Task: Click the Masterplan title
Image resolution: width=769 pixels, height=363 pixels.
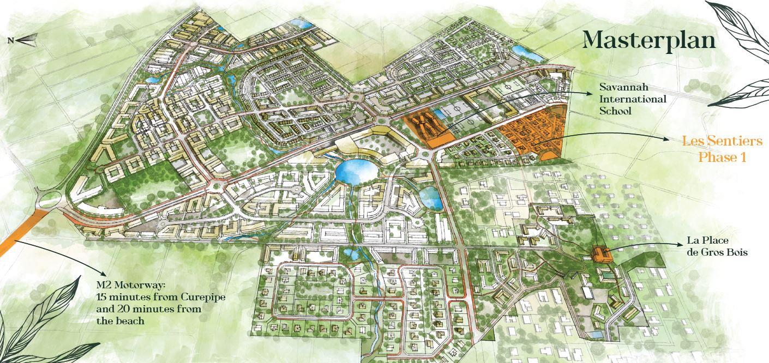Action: click(x=649, y=40)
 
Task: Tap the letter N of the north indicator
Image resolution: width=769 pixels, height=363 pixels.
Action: click(x=10, y=40)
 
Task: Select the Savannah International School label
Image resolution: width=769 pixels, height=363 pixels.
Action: click(x=633, y=99)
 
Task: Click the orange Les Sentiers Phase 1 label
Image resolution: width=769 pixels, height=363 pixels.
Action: click(x=722, y=149)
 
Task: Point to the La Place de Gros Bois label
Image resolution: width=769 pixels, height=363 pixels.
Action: click(x=717, y=246)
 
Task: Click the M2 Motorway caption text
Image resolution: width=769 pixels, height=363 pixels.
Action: click(x=160, y=301)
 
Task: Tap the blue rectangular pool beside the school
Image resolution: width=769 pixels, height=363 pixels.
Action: click(x=440, y=116)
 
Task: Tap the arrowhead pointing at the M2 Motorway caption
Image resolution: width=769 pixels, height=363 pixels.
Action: click(x=104, y=273)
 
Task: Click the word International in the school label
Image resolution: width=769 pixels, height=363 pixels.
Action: click(x=633, y=99)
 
